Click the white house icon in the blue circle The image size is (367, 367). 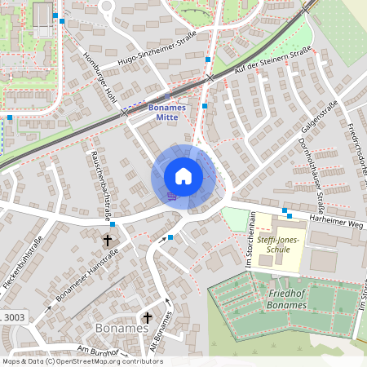tap(183, 176)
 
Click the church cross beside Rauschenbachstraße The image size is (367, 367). tap(107, 241)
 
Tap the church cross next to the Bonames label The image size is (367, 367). tap(148, 317)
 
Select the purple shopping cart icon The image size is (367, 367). tap(171, 196)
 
